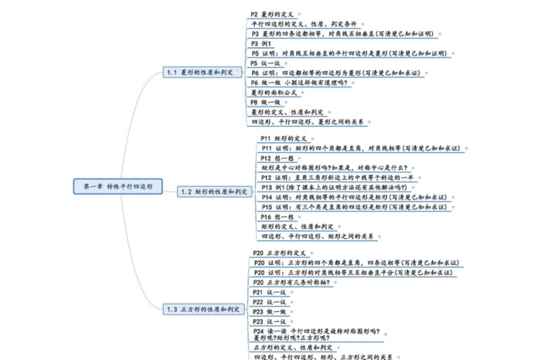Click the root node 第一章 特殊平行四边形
pos(118,186)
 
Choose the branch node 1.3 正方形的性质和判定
pos(203,309)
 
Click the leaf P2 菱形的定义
pos(272,15)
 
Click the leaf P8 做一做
pos(265,102)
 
